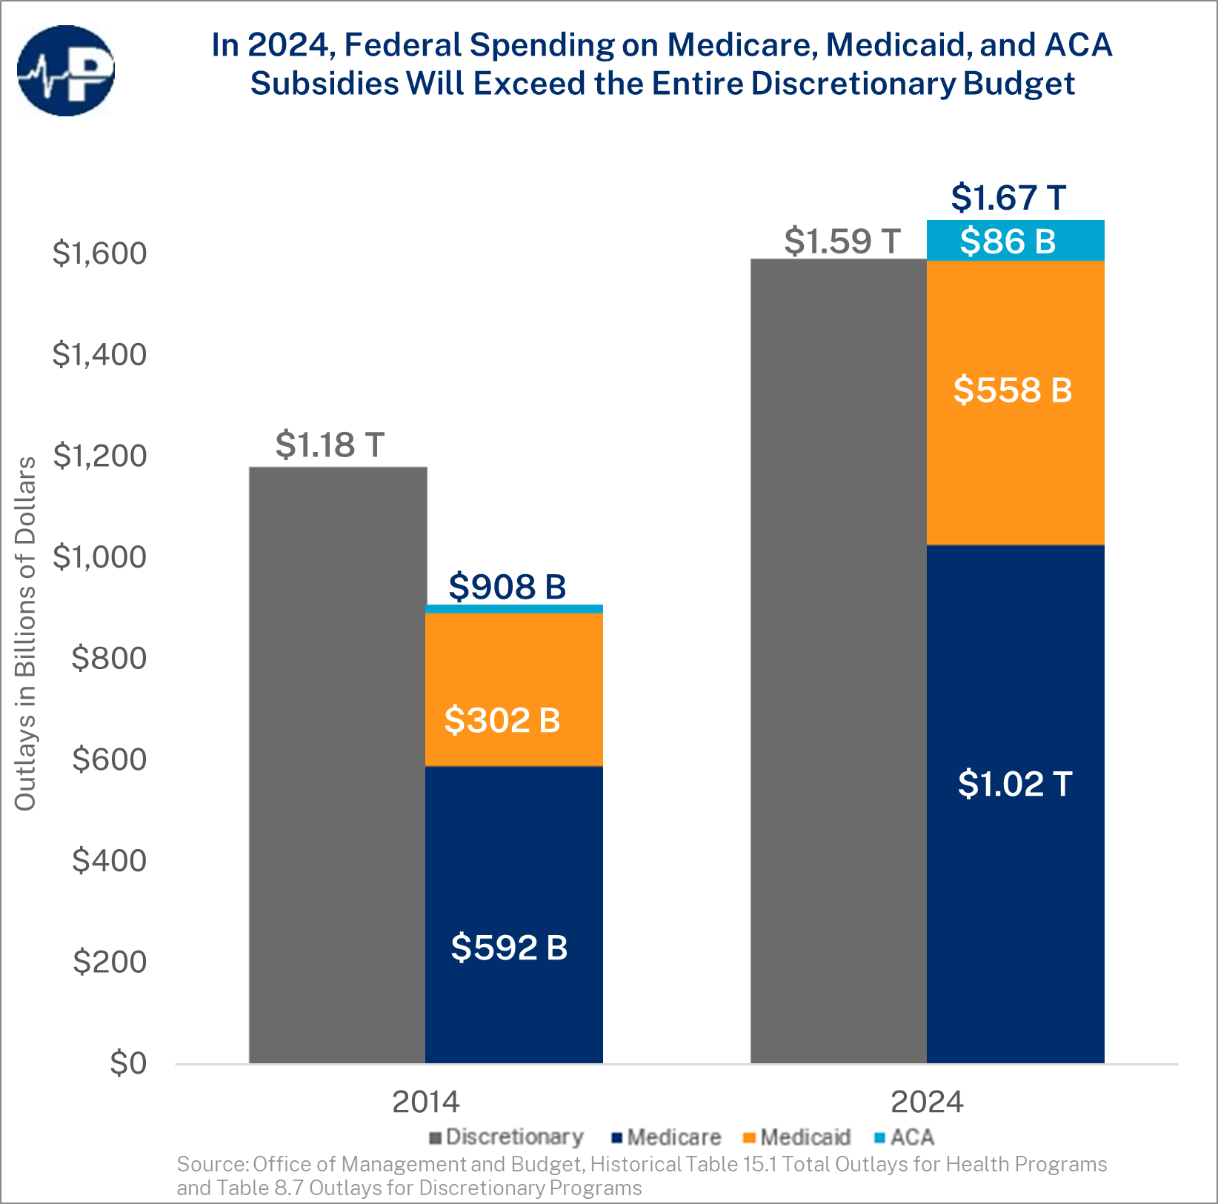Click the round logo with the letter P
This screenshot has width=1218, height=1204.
[66, 71]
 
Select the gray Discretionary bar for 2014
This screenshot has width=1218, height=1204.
[337, 763]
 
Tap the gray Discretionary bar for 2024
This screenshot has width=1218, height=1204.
[838, 659]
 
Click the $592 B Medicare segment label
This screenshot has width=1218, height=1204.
[509, 948]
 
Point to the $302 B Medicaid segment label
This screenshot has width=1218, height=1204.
[502, 720]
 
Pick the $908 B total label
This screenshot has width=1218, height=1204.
[507, 587]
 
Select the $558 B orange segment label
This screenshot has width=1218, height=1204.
[1012, 390]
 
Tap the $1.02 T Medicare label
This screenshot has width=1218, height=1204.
[1014, 784]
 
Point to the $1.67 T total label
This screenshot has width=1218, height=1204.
[1008, 198]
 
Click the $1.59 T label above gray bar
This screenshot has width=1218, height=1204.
[842, 242]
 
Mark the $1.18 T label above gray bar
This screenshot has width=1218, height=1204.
[330, 445]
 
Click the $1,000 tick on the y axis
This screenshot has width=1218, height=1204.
[99, 557]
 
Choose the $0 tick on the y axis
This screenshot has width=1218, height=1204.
[128, 1063]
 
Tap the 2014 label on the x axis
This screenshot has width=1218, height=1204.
[425, 1102]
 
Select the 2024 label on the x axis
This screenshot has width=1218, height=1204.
[926, 1102]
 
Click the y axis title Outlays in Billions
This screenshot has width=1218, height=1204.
[25, 633]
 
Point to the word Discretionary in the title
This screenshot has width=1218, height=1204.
[852, 83]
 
